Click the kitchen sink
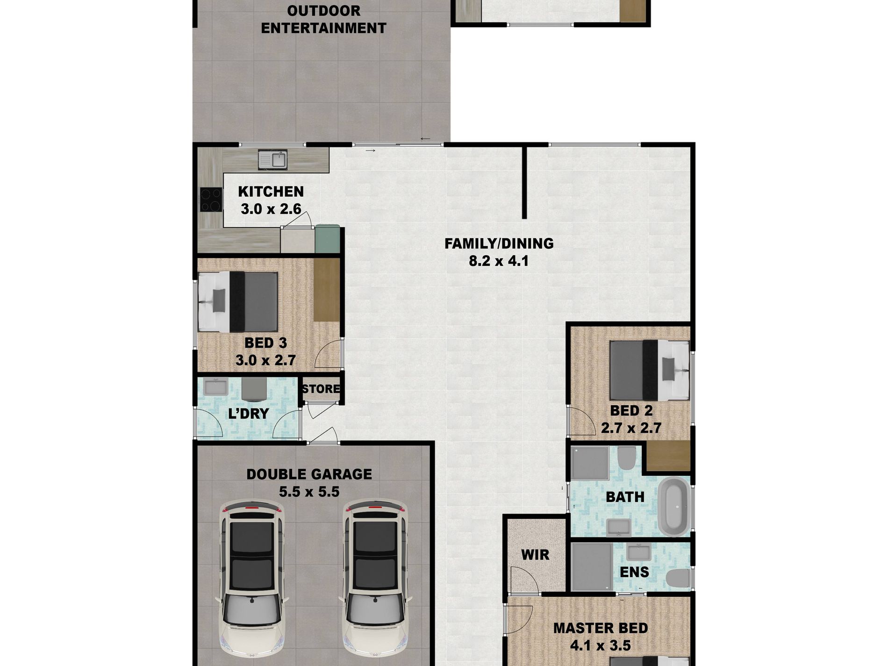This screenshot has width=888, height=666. pos(272,160)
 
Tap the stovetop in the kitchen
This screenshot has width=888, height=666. pos(211,200)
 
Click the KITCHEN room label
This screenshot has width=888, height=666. pos(271,192)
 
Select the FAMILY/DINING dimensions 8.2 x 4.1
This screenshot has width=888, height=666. pos(499,261)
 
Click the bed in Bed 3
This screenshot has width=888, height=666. pos(238,302)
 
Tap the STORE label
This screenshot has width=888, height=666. pos(321,389)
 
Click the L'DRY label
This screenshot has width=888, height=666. pos(248,414)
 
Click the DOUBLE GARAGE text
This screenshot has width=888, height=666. pos(309,474)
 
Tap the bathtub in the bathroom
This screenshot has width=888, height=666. pos(673,507)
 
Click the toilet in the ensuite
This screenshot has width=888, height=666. pos(678,579)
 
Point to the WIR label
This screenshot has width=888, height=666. pos(535,555)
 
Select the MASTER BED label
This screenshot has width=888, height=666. pos(601,628)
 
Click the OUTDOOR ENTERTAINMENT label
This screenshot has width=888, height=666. pos(323,19)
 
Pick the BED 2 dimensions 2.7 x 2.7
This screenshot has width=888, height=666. pos(631,428)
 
